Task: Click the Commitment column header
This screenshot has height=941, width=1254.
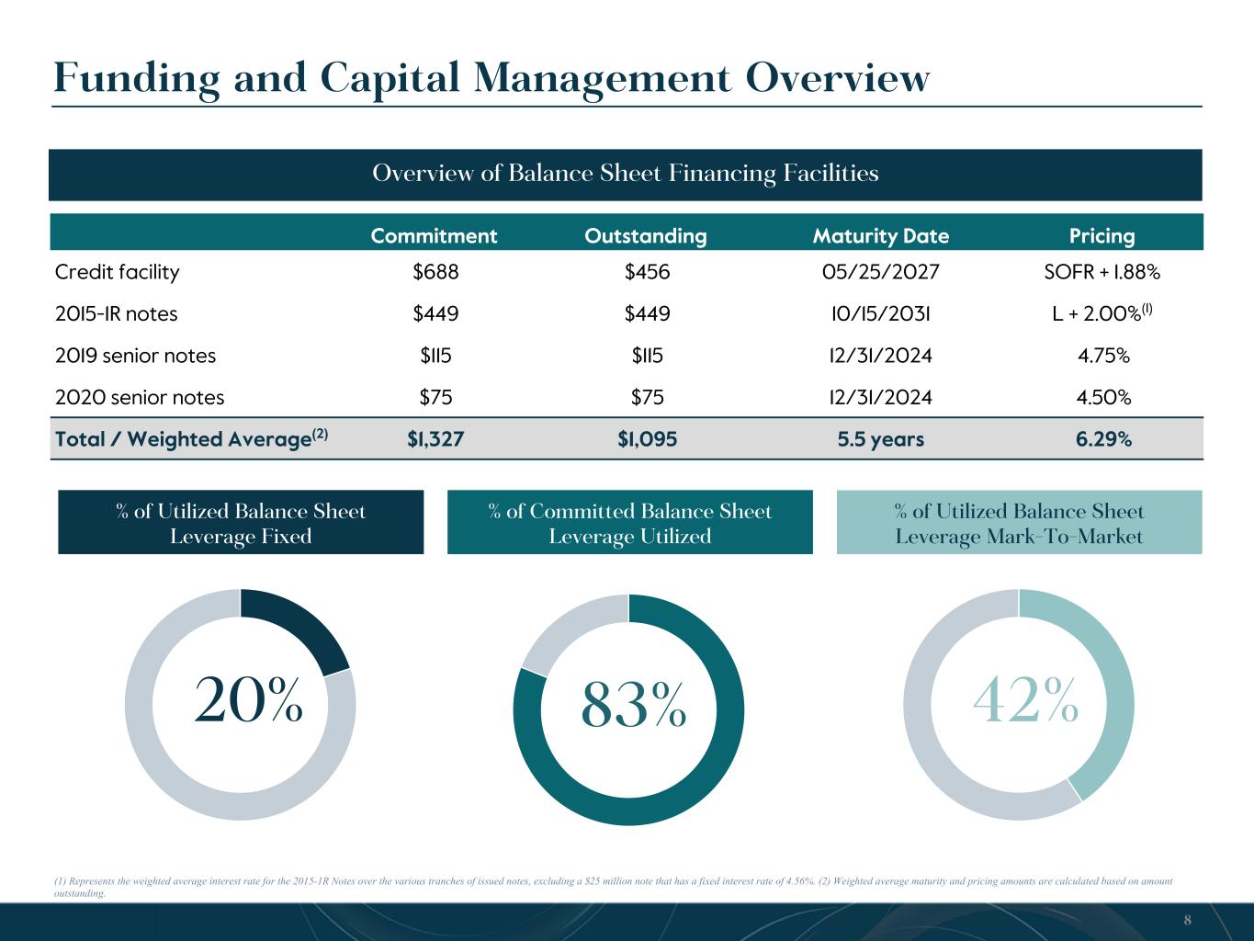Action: pos(434,236)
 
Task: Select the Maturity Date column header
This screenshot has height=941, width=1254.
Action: pos(880,236)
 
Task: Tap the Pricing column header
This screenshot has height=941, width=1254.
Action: pos(1102,236)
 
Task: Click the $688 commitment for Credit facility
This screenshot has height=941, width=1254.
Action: pos(435,272)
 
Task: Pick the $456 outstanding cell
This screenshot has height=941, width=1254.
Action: pos(647,272)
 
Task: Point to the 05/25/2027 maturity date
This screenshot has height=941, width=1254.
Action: pos(880,272)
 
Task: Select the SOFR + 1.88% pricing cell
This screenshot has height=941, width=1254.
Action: pos(1102,272)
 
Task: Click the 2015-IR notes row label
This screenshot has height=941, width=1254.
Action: pos(116,313)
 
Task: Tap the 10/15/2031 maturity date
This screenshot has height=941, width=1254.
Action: pos(880,313)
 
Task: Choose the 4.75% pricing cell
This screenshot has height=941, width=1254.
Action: pos(1103,356)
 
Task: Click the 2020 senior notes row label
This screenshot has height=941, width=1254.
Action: pos(140,397)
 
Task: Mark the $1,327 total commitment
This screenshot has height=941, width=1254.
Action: pos(435,438)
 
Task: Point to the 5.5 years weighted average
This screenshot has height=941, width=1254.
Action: pos(880,439)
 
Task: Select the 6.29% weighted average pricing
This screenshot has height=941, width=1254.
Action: pos(1103,438)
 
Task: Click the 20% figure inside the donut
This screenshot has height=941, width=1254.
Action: pos(249,700)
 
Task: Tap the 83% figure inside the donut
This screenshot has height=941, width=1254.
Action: pos(634,706)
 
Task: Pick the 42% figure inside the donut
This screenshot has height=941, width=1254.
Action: pos(1025,700)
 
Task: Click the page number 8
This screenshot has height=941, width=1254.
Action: pos(1187,920)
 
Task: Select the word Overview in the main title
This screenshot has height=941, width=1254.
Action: pos(838,78)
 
